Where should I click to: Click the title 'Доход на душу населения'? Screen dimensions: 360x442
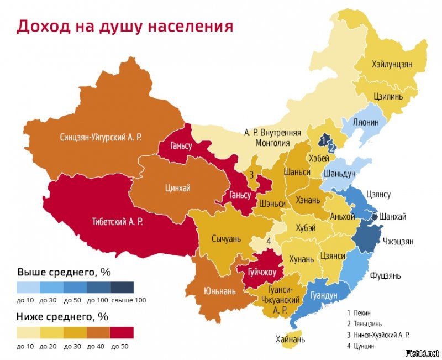tap(125, 26)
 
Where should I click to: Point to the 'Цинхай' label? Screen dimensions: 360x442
tap(177, 189)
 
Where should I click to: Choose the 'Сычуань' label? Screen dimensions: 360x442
tap(227, 239)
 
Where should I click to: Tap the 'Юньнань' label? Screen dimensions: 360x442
tap(219, 290)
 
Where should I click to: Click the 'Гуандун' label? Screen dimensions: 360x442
tap(324, 296)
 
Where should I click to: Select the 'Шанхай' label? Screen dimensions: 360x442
tap(392, 217)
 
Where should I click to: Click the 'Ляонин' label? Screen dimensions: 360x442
tap(366, 123)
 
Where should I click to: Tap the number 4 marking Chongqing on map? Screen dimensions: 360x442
tap(269, 241)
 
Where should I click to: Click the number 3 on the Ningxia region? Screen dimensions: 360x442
tap(251, 175)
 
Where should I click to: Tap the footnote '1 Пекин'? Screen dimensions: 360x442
tap(359, 312)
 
